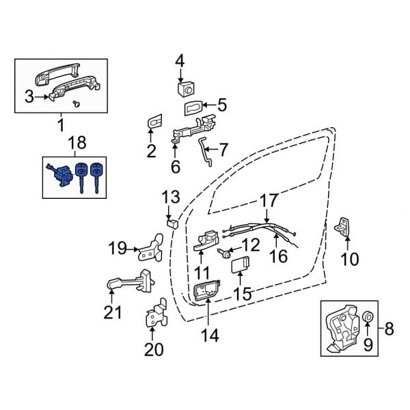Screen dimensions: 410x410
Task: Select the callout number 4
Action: pos(180,61)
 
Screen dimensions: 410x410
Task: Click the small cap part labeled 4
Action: pos(184,88)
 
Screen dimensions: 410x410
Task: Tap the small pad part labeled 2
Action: pos(153,122)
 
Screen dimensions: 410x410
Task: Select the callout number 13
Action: pos(169,197)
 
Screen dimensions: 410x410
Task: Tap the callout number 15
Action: pos(243,295)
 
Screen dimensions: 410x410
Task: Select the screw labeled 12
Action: pos(224,253)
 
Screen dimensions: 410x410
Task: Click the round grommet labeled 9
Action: pos(367,317)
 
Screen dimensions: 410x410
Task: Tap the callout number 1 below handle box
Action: pos(59,125)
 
